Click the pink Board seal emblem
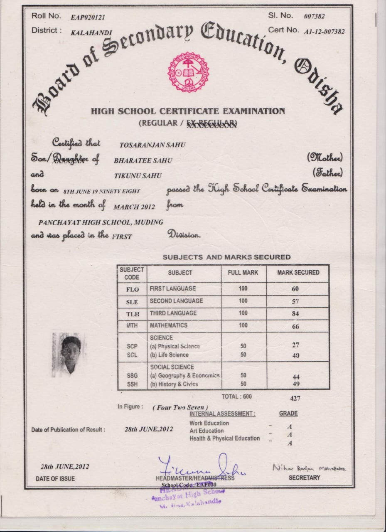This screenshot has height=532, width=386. (x=188, y=72)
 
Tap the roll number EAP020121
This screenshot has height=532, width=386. (x=88, y=17)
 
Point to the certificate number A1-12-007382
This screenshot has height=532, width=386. (x=324, y=32)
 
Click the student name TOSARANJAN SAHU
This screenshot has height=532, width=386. (x=152, y=145)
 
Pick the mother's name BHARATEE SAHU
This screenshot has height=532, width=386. (x=143, y=160)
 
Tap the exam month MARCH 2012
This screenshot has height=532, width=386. (x=134, y=207)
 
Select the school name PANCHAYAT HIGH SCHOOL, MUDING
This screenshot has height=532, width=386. (x=101, y=222)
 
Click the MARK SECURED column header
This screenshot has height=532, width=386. (x=298, y=273)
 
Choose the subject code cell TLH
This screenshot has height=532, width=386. (x=132, y=314)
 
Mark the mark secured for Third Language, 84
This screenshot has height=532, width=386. (x=295, y=314)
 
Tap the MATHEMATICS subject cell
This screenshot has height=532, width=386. (x=169, y=325)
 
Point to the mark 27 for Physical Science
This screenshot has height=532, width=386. (x=295, y=345)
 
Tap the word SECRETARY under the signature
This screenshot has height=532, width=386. (x=304, y=478)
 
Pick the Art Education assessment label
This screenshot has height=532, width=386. (x=207, y=431)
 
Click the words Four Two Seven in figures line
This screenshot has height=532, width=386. (x=180, y=408)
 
